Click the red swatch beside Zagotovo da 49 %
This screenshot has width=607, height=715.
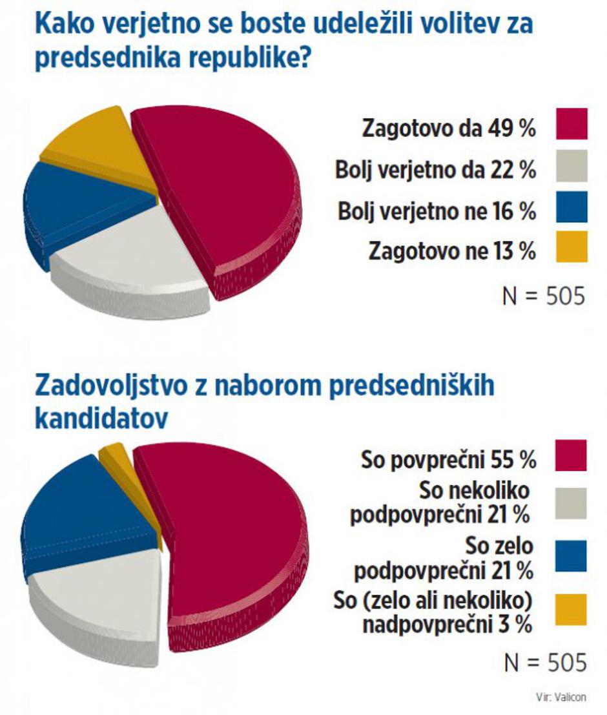[571, 124]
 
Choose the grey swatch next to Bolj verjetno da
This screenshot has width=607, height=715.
[571, 166]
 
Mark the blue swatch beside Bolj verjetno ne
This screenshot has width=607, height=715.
[571, 207]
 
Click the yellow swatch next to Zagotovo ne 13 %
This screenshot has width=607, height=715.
[571, 247]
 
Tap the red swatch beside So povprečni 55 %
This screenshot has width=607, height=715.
[570, 455]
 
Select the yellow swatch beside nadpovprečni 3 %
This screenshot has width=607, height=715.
[570, 609]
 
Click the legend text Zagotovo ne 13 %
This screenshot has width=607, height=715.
[452, 250]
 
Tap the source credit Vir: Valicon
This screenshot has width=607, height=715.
[560, 696]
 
